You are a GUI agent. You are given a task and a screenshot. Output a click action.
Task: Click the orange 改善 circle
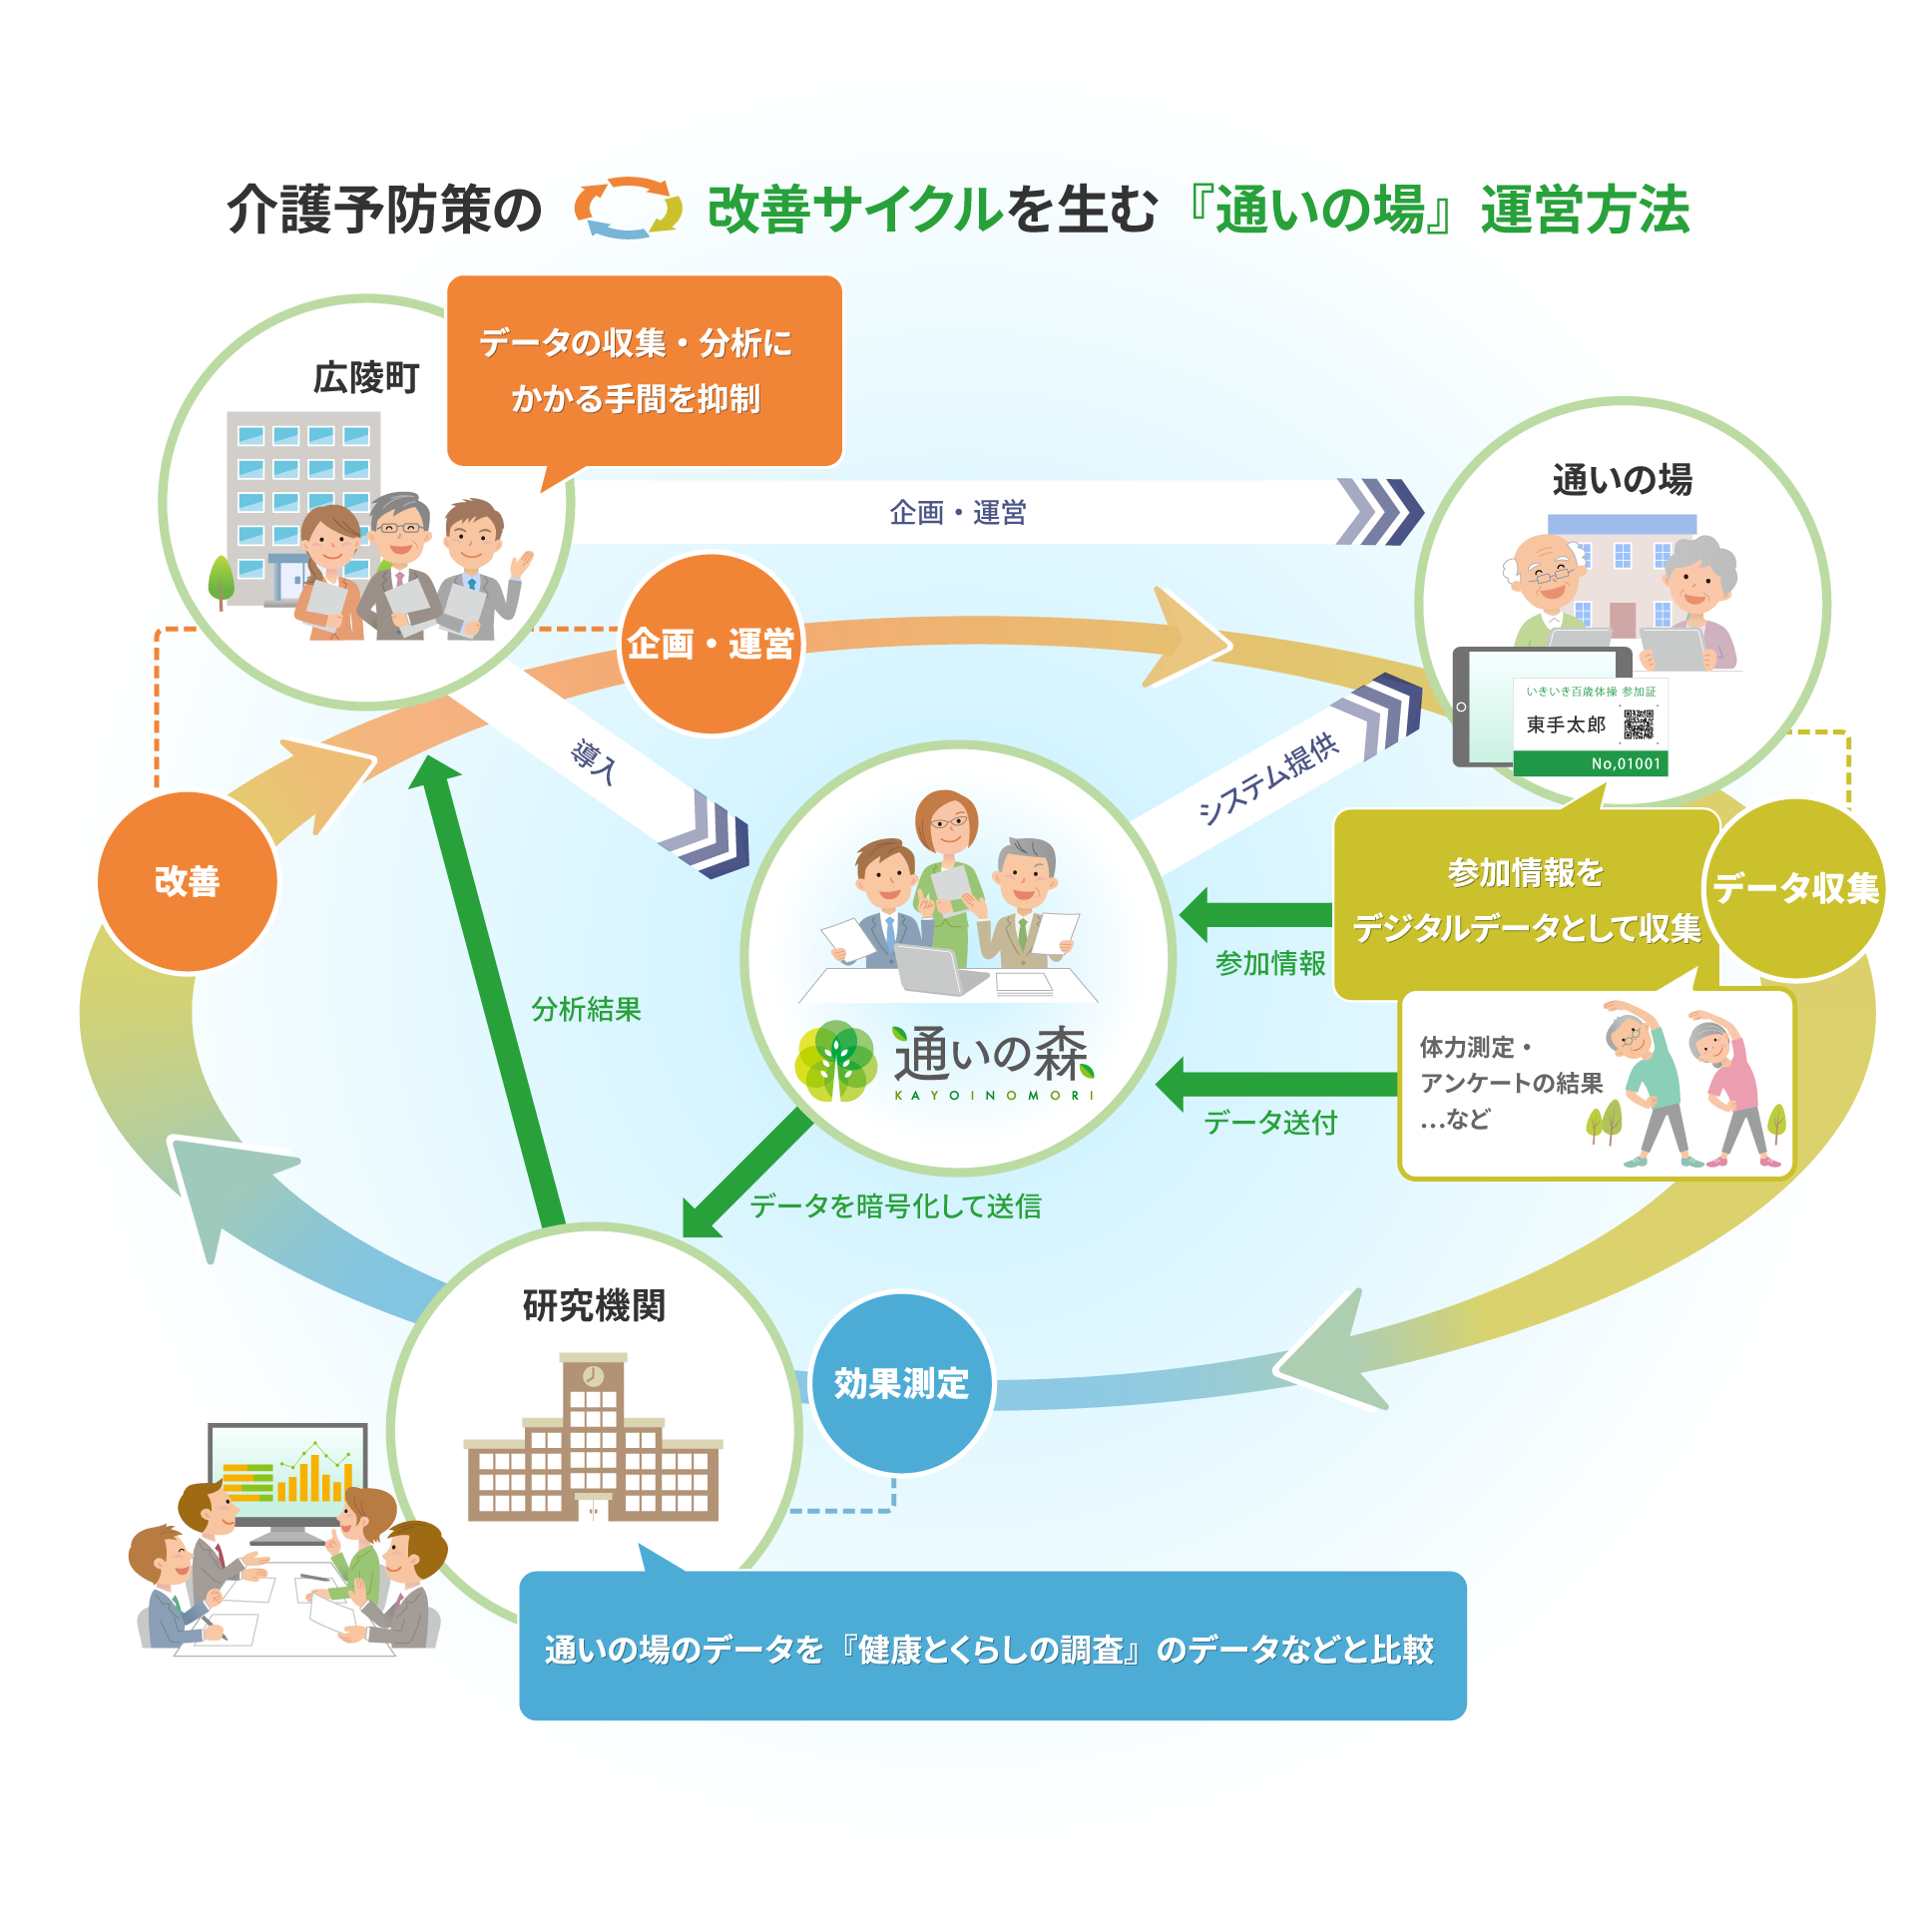(188, 882)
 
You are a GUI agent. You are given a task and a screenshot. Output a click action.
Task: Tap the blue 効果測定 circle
(901, 1383)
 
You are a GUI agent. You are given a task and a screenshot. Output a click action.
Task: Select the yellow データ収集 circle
(1794, 888)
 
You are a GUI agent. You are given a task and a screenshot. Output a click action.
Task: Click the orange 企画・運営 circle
(711, 645)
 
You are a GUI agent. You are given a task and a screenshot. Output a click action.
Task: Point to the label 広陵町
(365, 378)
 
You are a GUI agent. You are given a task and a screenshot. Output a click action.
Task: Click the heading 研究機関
(594, 1305)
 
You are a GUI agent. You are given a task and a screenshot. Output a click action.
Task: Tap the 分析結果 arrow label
(586, 1009)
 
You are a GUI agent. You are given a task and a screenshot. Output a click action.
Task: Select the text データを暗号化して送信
(895, 1205)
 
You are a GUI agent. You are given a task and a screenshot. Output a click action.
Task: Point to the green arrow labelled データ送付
(1277, 1085)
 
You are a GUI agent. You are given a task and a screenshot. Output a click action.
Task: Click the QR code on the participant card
(1638, 724)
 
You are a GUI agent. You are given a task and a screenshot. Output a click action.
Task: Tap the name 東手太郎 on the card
(1566, 724)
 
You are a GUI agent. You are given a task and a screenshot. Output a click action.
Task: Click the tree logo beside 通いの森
(836, 1061)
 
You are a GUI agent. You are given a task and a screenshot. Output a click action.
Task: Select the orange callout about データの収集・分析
(645, 371)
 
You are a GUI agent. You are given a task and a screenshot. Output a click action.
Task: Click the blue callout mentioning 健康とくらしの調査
(992, 1649)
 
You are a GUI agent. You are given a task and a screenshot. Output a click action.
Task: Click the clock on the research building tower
(593, 1377)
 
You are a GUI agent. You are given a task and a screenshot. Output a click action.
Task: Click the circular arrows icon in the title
(628, 209)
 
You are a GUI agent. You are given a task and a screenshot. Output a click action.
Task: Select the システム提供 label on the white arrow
(1268, 777)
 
